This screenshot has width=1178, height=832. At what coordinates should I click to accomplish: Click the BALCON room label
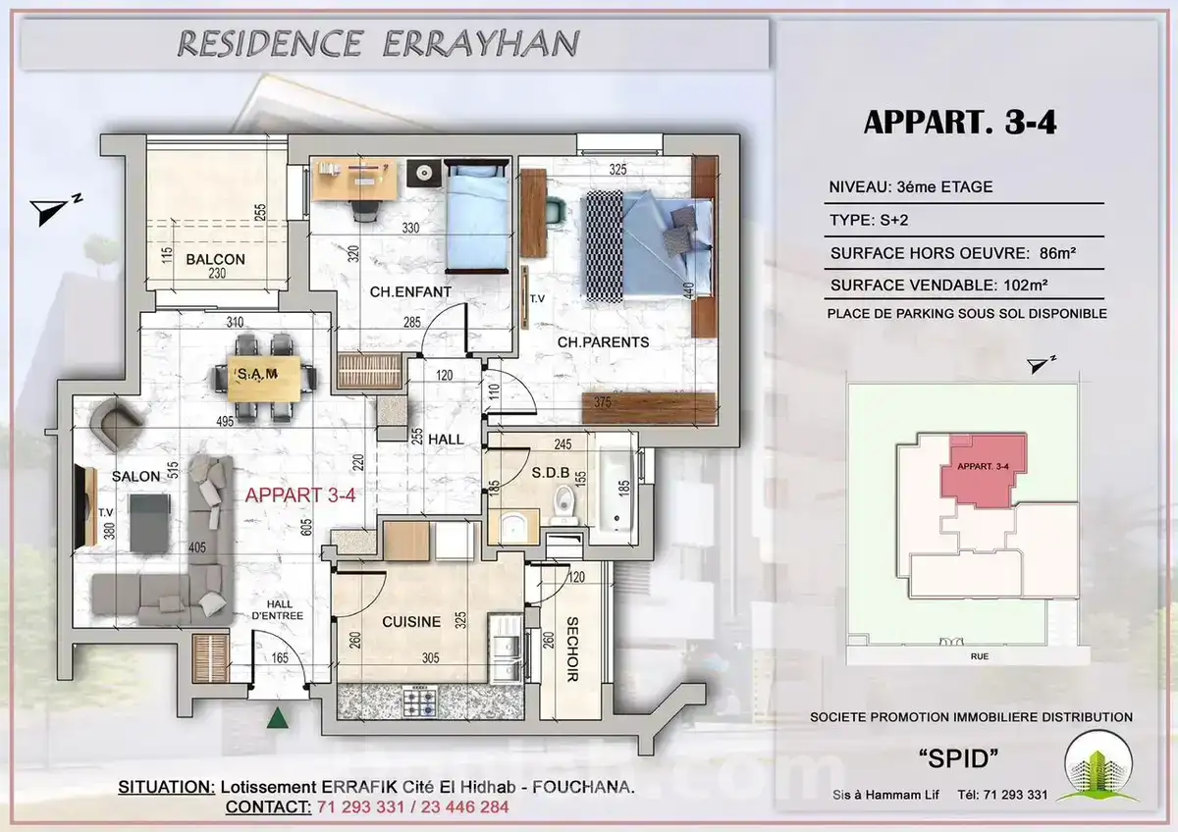coord(215,259)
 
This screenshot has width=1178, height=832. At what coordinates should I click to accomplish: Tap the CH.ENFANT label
coord(410,291)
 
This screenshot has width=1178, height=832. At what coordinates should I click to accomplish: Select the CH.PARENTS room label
coord(603,342)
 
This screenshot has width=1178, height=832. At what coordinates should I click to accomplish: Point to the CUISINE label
coord(411,622)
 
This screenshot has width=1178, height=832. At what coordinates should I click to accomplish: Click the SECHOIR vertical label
coord(571,650)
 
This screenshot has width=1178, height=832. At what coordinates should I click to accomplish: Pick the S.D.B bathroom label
coord(550,473)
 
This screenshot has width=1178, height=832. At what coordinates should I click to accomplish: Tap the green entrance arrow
coord(277,717)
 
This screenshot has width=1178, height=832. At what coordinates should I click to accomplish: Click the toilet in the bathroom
coord(564,504)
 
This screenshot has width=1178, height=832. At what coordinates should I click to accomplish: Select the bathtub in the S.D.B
coord(617,489)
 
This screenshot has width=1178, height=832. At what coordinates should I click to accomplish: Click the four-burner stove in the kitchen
coord(420,702)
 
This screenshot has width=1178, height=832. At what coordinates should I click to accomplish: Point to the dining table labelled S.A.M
coord(264,379)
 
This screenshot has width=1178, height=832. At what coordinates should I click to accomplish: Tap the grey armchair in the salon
coord(115,424)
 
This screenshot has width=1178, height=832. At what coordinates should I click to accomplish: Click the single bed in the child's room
coord(477,217)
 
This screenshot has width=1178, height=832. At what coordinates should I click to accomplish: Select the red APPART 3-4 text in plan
coord(300,495)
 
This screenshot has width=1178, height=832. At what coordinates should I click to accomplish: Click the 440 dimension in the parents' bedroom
coord(688,290)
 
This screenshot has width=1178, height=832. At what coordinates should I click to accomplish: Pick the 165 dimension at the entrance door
coord(280,657)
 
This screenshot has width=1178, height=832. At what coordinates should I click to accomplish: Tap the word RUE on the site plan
coord(980,656)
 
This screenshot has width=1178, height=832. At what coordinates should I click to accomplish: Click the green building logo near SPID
coord(1098,768)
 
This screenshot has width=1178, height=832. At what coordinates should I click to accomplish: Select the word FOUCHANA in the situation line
coord(583,787)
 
